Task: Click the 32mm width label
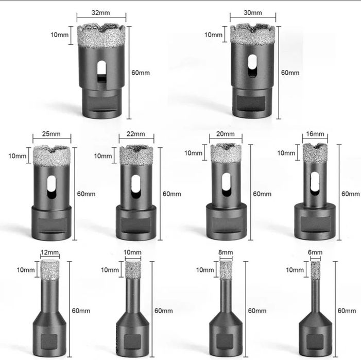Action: pyautogui.click(x=100, y=13)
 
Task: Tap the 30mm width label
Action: pyautogui.click(x=253, y=13)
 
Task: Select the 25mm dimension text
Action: pyautogui.click(x=51, y=134)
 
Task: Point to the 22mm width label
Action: pyautogui.click(x=136, y=134)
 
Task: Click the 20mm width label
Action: pyautogui.click(x=226, y=134)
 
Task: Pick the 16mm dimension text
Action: pyautogui.click(x=315, y=134)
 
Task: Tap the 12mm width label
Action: pyautogui.click(x=49, y=252)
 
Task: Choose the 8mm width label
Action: pyautogui.click(x=226, y=252)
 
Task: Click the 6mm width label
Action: pyautogui.click(x=315, y=252)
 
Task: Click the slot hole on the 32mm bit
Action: pyautogui.click(x=101, y=71)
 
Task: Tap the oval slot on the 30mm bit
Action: pyautogui.click(x=252, y=65)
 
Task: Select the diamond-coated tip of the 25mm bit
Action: pyautogui.click(x=51, y=156)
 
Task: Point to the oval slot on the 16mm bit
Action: pyautogui.click(x=315, y=183)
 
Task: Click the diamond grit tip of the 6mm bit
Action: pyautogui.click(x=315, y=270)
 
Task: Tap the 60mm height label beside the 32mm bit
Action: pyautogui.click(x=141, y=73)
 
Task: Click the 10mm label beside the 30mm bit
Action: pyautogui.click(x=213, y=35)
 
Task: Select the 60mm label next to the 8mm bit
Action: pyautogui.click(x=257, y=311)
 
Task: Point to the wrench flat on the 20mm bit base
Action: pyautogui.click(x=226, y=224)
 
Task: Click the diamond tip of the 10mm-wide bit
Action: pyautogui.click(x=133, y=270)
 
